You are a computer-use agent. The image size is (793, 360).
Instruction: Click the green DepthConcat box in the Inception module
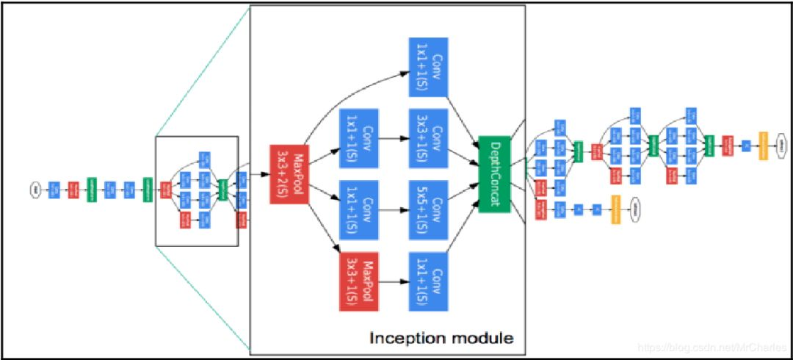[x=494, y=174]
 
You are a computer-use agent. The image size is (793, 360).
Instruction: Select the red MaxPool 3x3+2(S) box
[x=290, y=174]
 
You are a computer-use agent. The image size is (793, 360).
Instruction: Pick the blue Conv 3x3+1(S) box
[x=428, y=137]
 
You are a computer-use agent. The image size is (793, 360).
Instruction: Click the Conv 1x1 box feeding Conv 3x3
[x=358, y=137]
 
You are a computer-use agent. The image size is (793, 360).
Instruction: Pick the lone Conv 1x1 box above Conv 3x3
[x=428, y=67]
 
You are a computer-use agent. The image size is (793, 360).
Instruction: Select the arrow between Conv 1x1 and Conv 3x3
[x=393, y=137]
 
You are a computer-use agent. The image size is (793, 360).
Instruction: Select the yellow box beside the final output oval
[x=763, y=143]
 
